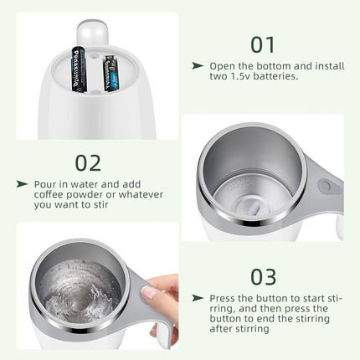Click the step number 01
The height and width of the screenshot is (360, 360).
click(x=264, y=44)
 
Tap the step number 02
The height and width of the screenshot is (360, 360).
click(x=88, y=162)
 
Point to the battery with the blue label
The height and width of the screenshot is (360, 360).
click(x=111, y=74)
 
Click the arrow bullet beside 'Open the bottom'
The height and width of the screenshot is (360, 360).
click(x=198, y=64)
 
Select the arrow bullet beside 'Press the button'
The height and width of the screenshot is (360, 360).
click(x=198, y=297)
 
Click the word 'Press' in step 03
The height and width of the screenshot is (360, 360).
click(x=224, y=297)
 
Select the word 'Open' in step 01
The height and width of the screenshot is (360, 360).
click(x=223, y=64)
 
